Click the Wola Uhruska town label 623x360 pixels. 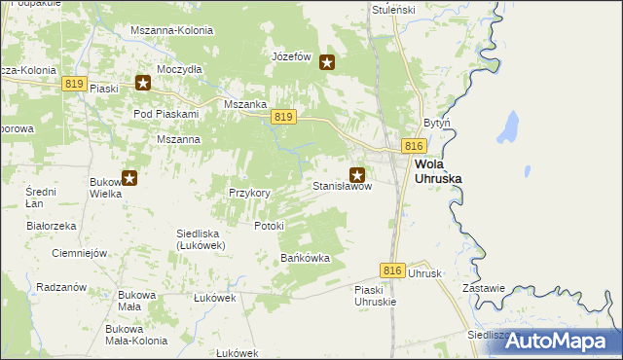point(437,171)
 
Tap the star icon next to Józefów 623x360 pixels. point(327,63)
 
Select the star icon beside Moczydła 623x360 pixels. point(143,83)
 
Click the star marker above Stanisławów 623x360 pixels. point(357,175)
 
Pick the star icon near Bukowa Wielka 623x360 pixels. point(128,177)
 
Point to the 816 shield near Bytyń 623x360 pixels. point(414,145)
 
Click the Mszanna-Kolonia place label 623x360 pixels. point(171,30)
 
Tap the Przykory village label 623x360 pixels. point(249,193)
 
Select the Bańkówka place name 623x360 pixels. point(306,258)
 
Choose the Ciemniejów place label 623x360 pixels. point(78,253)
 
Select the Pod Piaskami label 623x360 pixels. point(165,114)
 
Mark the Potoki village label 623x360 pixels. point(269,226)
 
